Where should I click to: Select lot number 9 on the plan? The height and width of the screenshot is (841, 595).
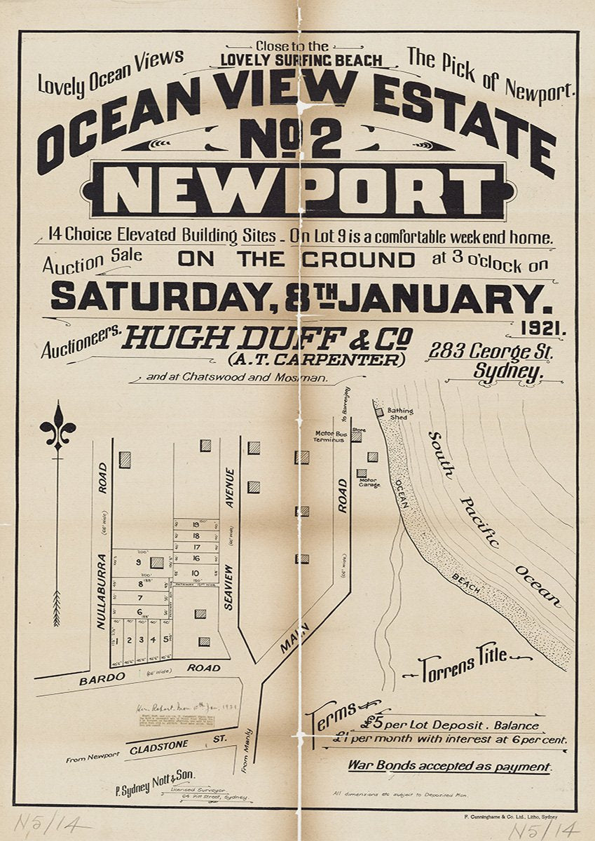[139, 562]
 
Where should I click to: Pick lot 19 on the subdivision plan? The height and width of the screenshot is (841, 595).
[196, 523]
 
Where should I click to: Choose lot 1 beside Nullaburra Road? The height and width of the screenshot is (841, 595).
[119, 640]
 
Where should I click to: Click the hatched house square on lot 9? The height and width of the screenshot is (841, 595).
[157, 562]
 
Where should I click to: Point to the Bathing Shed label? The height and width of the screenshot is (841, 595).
[400, 413]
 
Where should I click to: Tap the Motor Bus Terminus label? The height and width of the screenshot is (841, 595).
[329, 437]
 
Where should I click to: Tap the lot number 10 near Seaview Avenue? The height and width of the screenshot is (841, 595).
[196, 573]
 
